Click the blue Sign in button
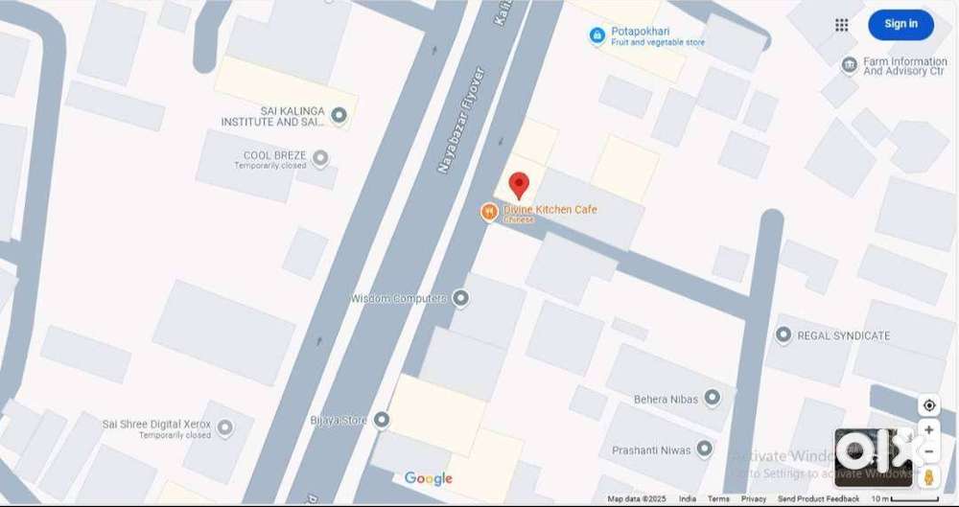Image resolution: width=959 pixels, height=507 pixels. point(901,24)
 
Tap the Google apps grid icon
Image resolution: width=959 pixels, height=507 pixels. point(842,25)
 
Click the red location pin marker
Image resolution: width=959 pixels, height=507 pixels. point(518,185)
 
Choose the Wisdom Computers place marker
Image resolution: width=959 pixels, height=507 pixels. point(460,298)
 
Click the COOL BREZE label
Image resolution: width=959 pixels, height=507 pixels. point(274,155)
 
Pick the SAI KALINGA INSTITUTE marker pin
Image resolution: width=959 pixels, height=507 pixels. point(338,116)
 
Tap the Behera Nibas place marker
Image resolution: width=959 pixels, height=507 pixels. point(712,397)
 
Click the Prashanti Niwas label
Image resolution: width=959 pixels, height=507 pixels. point(652,449)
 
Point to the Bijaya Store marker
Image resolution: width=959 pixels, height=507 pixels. point(382,420)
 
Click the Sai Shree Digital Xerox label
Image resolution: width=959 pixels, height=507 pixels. point(156,424)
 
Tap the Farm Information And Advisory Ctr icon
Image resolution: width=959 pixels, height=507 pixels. point(849,65)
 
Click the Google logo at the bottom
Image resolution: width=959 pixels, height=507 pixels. point(428,478)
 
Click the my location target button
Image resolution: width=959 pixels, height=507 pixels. point(927,405)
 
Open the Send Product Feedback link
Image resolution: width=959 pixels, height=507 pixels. point(818,499)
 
